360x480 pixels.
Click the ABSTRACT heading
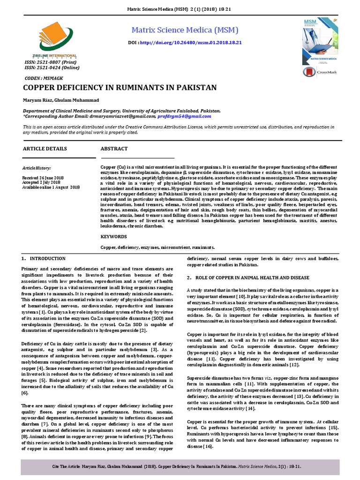[x=114, y=149]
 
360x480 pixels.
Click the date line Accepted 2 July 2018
[x=41, y=182]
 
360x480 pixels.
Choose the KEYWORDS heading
[x=114, y=237]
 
